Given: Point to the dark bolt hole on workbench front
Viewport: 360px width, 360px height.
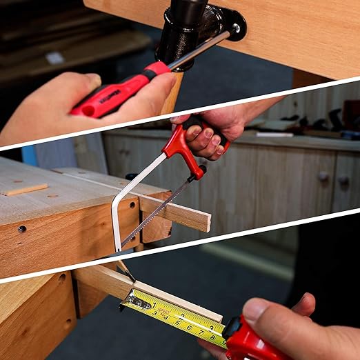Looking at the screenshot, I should click(x=22, y=229).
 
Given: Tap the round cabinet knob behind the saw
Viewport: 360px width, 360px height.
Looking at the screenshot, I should click(x=323, y=176).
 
